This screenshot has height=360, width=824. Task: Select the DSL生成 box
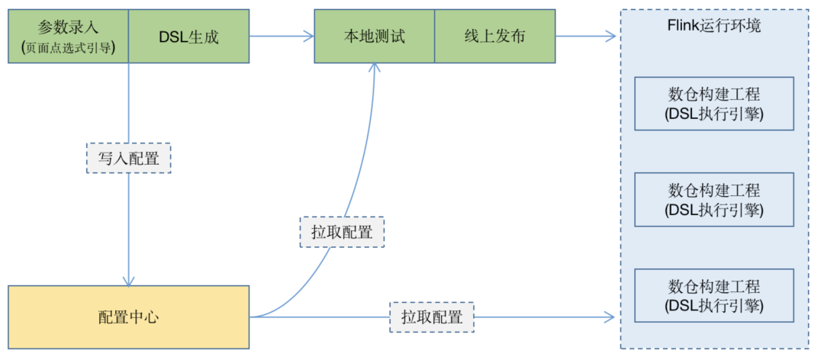[x=188, y=36]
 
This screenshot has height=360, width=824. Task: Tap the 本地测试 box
[x=374, y=36]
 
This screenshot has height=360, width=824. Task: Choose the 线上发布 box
[x=494, y=36]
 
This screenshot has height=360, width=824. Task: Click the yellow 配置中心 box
[x=128, y=317]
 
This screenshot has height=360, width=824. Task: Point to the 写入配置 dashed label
[x=128, y=159]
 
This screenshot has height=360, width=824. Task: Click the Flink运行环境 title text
[x=714, y=25]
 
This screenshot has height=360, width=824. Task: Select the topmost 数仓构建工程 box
[x=714, y=104]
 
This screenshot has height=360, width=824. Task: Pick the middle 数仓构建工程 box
[x=714, y=199]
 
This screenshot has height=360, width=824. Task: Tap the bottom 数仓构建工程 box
[x=714, y=296]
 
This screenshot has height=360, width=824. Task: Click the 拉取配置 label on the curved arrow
[x=342, y=232]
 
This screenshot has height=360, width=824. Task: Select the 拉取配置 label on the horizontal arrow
[x=432, y=317]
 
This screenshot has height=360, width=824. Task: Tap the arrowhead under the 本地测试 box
[x=374, y=68]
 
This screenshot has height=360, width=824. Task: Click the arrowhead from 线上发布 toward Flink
[x=610, y=36]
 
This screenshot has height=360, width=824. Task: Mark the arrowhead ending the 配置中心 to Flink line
[x=610, y=317]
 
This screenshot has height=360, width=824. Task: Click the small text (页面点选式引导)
[x=68, y=47]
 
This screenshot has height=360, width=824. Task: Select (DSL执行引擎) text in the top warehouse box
[x=714, y=114]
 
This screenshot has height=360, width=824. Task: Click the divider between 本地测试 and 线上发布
[x=434, y=36]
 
